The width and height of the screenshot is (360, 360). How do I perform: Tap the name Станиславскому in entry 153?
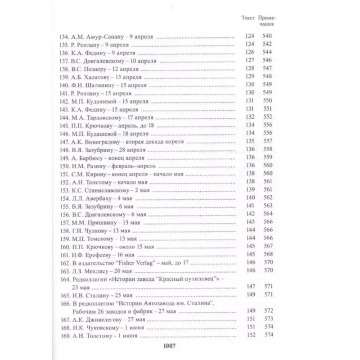click(x=108, y=189)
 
